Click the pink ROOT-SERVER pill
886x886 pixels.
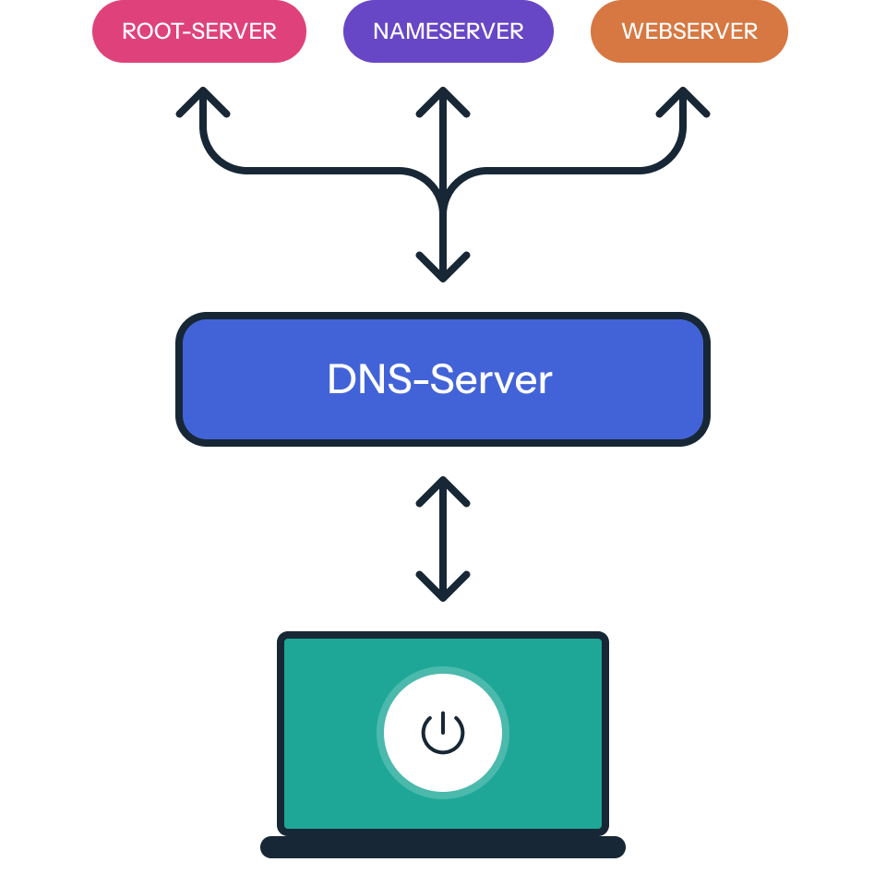pyautogui.click(x=198, y=31)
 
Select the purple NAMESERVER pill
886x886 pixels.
pyautogui.click(x=448, y=31)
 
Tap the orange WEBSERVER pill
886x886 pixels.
pyautogui.click(x=688, y=31)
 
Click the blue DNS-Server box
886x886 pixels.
pyautogui.click(x=442, y=379)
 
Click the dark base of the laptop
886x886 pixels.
pyautogui.click(x=443, y=847)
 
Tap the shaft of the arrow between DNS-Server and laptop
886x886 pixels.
pyautogui.click(x=443, y=540)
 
